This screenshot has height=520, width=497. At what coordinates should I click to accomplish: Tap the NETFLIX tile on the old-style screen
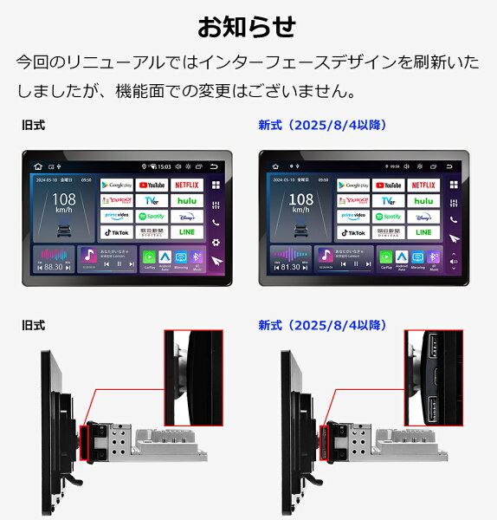186,185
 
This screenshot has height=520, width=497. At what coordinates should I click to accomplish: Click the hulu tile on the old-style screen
186,200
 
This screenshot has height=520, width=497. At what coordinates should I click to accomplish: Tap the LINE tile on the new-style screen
423,232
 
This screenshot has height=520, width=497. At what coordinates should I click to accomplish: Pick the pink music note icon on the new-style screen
325,254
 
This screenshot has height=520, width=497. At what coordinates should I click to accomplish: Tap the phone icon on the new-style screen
453,221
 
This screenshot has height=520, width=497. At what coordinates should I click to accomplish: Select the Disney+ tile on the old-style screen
186,217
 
